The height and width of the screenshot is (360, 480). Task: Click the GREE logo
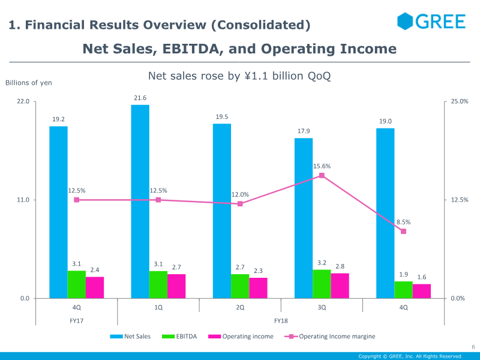point(431,22)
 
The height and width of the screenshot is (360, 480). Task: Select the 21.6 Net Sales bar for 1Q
point(140,201)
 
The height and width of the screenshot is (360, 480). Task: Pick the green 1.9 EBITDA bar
point(403,290)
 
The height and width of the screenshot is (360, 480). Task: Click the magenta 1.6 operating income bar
point(422,291)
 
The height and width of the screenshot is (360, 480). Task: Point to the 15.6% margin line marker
point(322,175)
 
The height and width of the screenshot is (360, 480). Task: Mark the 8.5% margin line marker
point(403,231)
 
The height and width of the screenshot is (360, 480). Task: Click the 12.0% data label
point(240,194)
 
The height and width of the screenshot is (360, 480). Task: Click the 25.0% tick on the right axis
point(460,101)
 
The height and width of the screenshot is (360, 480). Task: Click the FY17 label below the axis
point(76,321)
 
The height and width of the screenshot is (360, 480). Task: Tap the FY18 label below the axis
point(281,321)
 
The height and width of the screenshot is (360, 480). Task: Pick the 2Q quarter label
point(240,307)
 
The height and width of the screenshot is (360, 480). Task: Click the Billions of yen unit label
point(29,83)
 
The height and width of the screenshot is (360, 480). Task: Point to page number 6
point(473,347)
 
